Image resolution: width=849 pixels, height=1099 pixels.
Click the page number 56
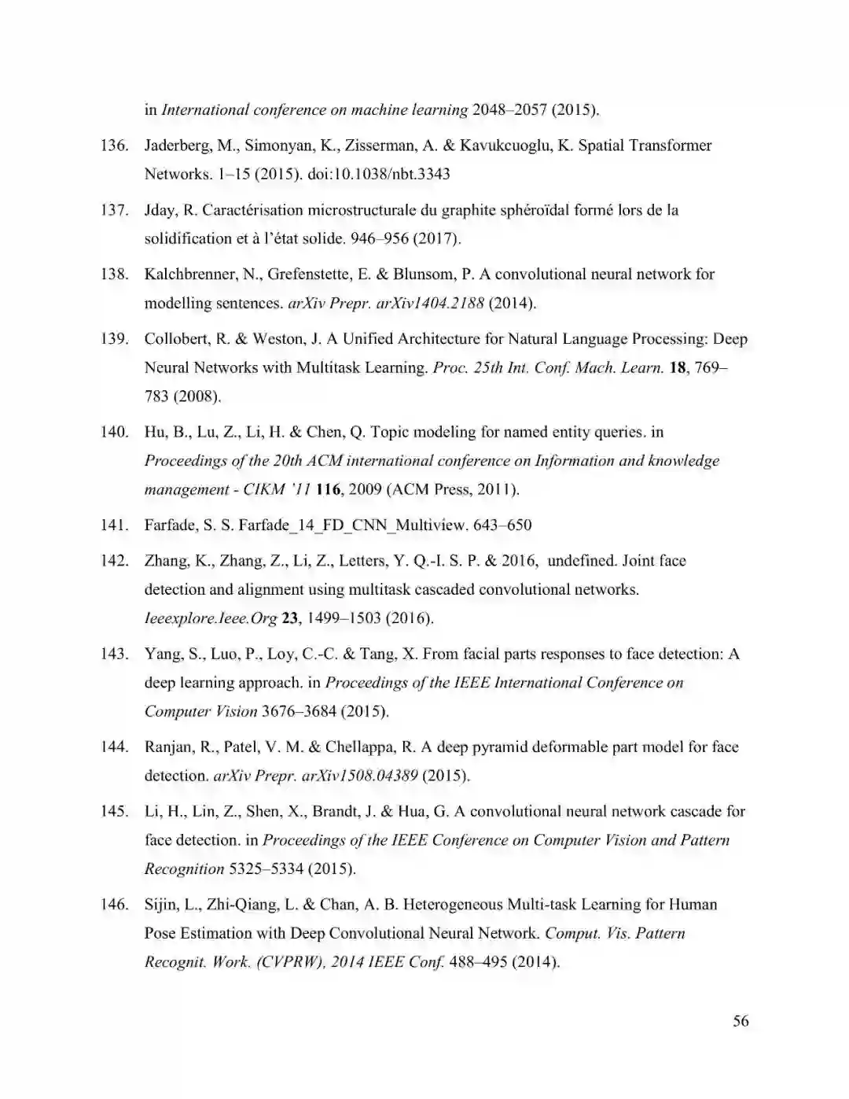coord(741,1021)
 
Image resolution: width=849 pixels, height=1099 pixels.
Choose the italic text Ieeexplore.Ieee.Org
coord(210,618)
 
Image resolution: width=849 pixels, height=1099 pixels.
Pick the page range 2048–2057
coord(509,109)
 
